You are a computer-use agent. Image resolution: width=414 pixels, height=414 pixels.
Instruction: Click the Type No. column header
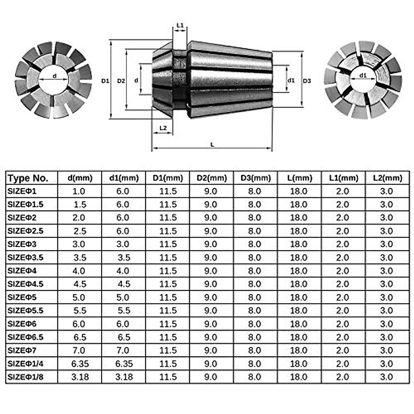[x=28, y=178]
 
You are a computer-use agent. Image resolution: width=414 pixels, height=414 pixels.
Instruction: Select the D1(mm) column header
[x=168, y=178]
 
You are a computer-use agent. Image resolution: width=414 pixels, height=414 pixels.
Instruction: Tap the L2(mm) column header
[x=387, y=178]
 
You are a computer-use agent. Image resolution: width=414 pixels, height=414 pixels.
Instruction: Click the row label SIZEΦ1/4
[x=26, y=364]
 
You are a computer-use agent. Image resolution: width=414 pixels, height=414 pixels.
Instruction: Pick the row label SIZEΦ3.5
[x=26, y=257]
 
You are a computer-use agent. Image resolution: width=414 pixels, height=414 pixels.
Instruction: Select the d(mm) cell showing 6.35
[x=80, y=364]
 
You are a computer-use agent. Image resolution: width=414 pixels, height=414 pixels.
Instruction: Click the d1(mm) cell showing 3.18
[x=124, y=377]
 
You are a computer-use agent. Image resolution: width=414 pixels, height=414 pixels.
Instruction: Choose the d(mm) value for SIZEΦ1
[x=79, y=191]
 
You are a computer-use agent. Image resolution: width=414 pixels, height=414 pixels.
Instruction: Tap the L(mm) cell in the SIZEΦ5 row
[x=298, y=297]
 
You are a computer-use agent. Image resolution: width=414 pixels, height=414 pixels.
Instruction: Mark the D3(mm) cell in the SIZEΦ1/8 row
[x=255, y=377]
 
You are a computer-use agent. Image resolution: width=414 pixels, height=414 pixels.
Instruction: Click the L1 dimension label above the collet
[x=180, y=26]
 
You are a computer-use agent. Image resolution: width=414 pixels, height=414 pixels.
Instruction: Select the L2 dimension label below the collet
[x=163, y=128]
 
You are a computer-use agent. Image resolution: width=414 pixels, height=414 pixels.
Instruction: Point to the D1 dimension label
[x=105, y=81]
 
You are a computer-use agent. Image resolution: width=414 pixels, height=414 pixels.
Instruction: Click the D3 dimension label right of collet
[x=307, y=81]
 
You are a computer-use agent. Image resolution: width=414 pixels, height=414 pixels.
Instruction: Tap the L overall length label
[x=212, y=145]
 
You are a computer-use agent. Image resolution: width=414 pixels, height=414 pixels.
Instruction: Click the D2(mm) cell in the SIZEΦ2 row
[x=210, y=218]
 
